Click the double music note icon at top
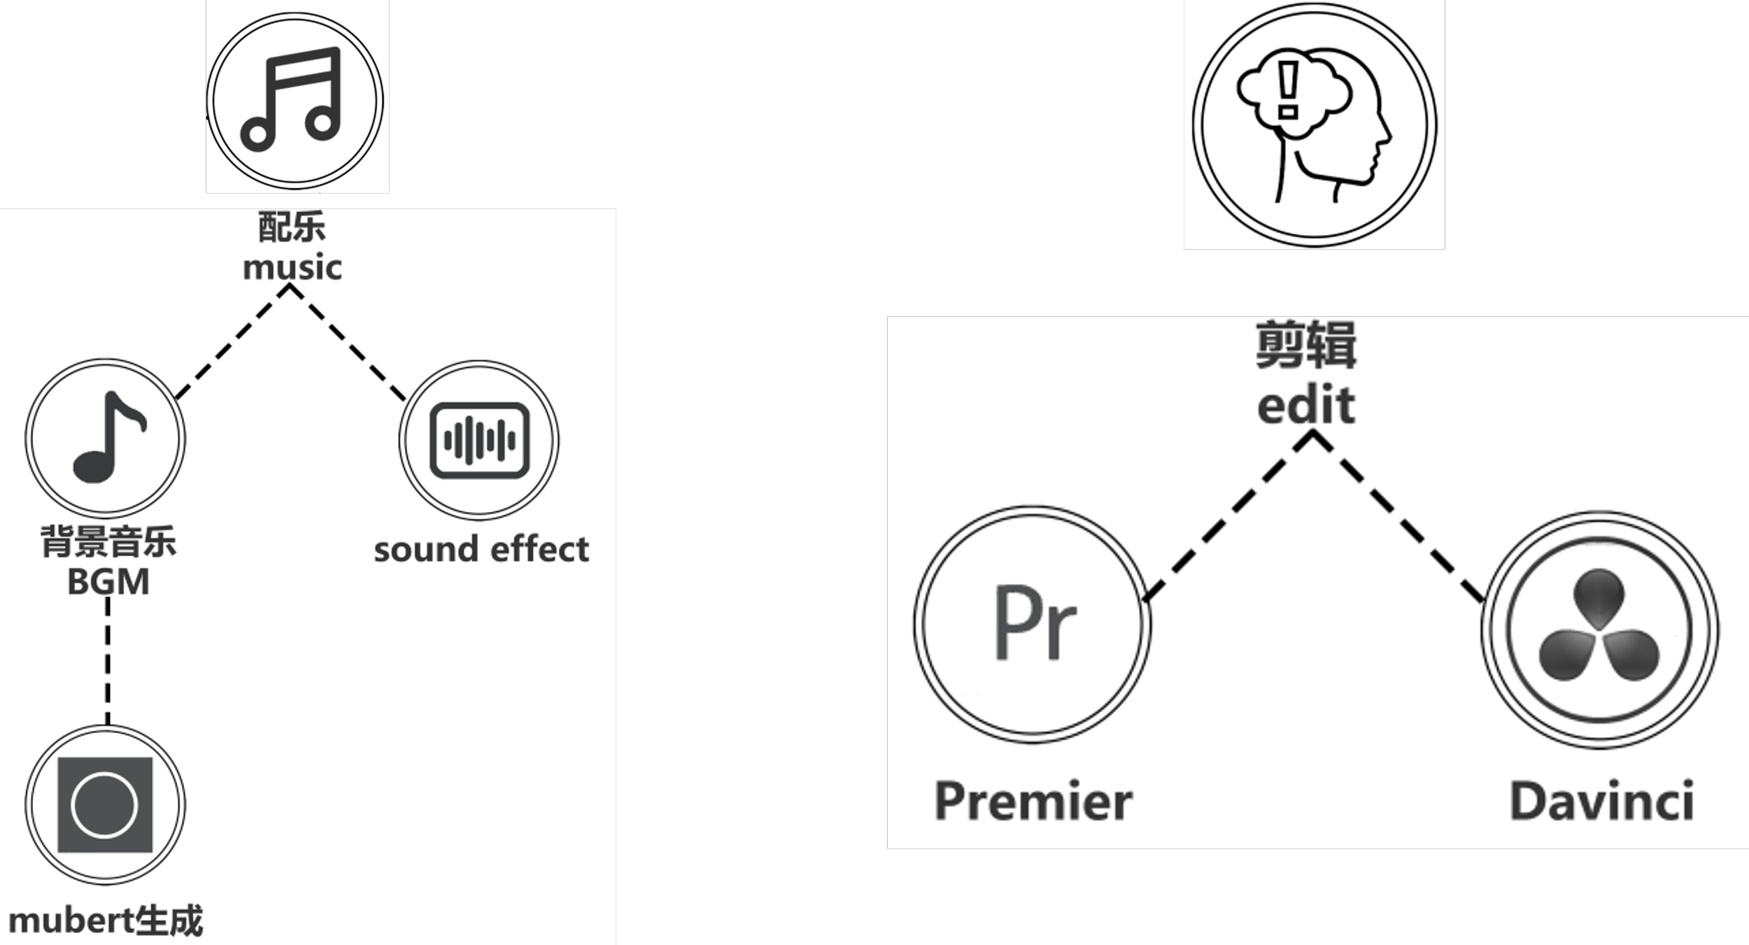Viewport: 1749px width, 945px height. (295, 99)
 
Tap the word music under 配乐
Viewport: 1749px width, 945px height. (292, 268)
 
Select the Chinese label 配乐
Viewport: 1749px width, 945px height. (292, 227)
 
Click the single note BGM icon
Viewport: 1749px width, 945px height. (106, 438)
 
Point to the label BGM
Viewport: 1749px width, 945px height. (108, 582)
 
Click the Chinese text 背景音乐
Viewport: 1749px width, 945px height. (108, 542)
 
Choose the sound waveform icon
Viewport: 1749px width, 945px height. (479, 441)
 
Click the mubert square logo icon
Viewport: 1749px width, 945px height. (105, 805)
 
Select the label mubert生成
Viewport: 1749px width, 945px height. (106, 921)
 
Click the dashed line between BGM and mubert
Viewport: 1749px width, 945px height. (108, 661)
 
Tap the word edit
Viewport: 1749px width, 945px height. (1306, 406)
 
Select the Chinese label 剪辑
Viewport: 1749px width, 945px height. (1306, 344)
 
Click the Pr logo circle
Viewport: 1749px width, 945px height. (1033, 623)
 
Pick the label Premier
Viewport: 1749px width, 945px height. (1033, 801)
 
